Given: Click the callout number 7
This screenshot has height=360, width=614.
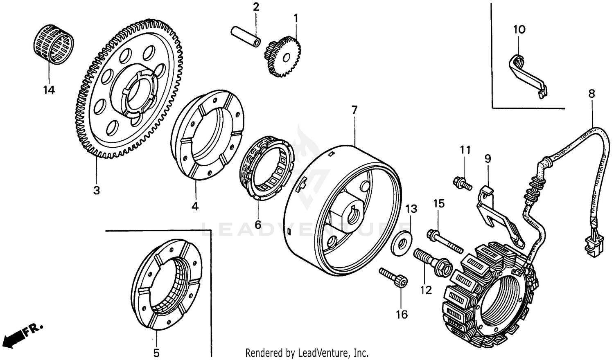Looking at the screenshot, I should (354, 110).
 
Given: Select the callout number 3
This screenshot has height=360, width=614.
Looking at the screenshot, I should (97, 191).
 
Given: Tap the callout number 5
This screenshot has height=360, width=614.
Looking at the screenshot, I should (156, 353).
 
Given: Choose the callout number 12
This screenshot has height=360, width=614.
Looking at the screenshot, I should (426, 290).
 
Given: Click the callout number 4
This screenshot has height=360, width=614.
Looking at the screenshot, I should (195, 207).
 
